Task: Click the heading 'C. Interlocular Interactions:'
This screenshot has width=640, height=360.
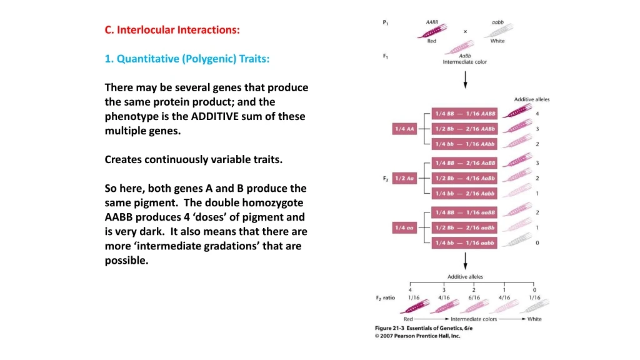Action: click(172, 30)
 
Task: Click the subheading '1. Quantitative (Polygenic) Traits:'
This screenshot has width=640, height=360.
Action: click(187, 59)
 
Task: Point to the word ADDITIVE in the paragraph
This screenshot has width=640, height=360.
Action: click(217, 116)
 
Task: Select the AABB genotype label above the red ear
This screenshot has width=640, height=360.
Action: click(432, 22)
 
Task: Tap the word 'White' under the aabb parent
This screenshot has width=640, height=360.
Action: click(497, 41)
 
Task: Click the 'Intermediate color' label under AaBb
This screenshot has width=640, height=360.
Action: click(464, 62)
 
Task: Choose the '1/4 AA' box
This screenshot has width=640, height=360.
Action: click(404, 129)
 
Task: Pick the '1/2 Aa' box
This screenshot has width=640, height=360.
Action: click(404, 178)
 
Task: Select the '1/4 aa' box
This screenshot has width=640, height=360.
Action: click(404, 227)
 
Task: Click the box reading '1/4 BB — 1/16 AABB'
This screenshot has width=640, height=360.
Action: click(466, 114)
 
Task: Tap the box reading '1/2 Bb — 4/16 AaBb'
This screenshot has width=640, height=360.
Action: click(466, 178)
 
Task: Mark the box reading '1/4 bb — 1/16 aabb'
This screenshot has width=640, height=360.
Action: click(466, 242)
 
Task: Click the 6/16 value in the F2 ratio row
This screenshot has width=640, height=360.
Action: click(474, 297)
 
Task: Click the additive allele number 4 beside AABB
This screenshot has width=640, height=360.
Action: click(537, 114)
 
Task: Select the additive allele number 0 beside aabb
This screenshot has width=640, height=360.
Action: click(537, 242)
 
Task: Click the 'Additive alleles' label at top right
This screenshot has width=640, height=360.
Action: click(532, 99)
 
